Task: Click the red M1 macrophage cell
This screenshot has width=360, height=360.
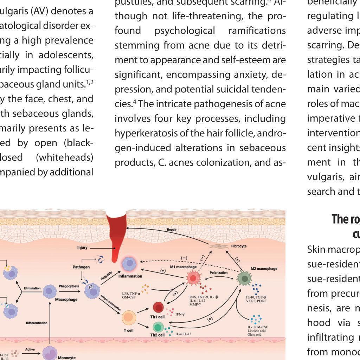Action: [x=193, y=279]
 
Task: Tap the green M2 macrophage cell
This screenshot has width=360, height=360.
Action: [x=244, y=279]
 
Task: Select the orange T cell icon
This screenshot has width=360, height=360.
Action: [x=129, y=318]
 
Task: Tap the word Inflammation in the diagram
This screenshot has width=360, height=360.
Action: [x=130, y=276]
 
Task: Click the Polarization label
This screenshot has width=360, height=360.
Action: [x=219, y=272]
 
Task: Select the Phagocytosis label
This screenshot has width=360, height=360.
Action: [x=69, y=286]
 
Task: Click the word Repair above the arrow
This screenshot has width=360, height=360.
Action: [x=172, y=230]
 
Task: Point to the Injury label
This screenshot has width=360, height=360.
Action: [x=82, y=247]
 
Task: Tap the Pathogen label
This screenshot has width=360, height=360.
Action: [x=81, y=267]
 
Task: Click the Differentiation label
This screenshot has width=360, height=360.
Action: [x=37, y=323]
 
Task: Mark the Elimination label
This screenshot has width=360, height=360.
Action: [x=32, y=288]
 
